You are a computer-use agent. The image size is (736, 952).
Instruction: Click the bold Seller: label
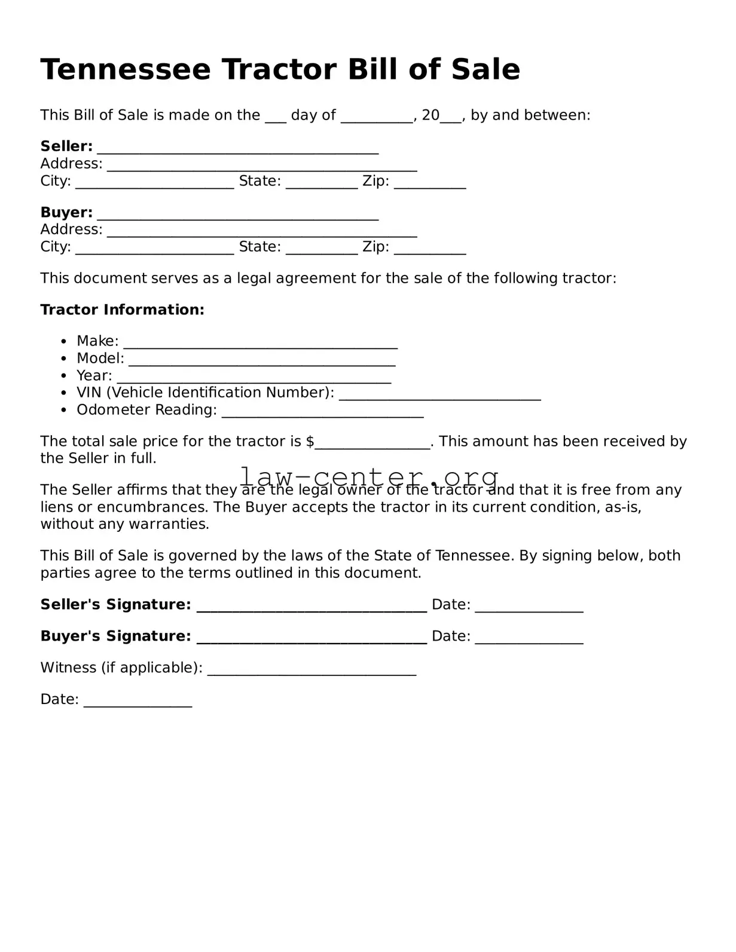pyautogui.click(x=66, y=146)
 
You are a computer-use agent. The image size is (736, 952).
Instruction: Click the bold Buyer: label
pyautogui.click(x=66, y=212)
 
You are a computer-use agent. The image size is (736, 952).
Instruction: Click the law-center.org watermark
pyautogui.click(x=369, y=476)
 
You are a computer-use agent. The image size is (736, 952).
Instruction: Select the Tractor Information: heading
pyautogui.click(x=122, y=310)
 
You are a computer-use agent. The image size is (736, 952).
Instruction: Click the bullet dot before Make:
pyautogui.click(x=64, y=341)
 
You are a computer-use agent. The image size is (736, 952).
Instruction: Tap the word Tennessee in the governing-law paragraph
pyautogui.click(x=474, y=556)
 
